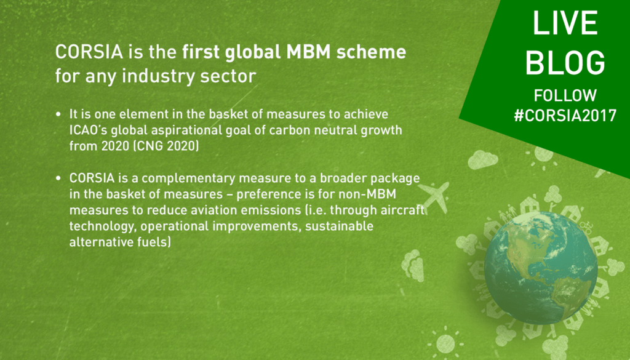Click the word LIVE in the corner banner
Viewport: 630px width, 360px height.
pos(565,23)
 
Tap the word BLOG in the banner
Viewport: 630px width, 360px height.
pos(565,63)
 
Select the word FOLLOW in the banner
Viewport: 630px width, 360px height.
pos(565,95)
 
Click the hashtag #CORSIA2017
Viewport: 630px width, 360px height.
pos(565,116)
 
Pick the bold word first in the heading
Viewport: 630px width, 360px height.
pos(201,52)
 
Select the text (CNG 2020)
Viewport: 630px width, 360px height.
pos(166,146)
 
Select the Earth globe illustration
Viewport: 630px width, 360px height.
pos(540,268)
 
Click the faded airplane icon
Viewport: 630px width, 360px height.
pos(435,196)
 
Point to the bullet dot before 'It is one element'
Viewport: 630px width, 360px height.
pos(58,114)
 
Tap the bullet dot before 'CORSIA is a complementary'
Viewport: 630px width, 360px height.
pos(58,178)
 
